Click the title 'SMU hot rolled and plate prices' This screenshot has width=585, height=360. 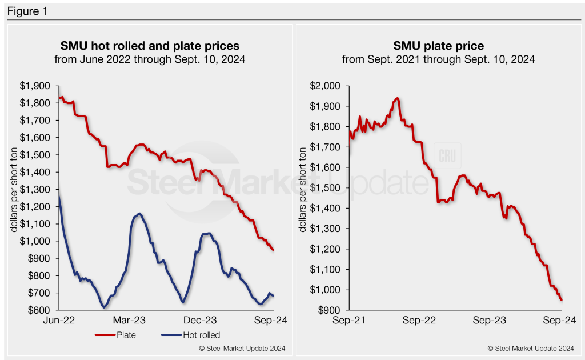point(150,45)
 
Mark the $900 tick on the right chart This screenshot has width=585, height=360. point(329,310)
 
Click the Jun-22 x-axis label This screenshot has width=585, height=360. point(59,321)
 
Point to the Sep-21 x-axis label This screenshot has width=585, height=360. point(349,321)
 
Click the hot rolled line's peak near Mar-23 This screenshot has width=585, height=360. point(139,214)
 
